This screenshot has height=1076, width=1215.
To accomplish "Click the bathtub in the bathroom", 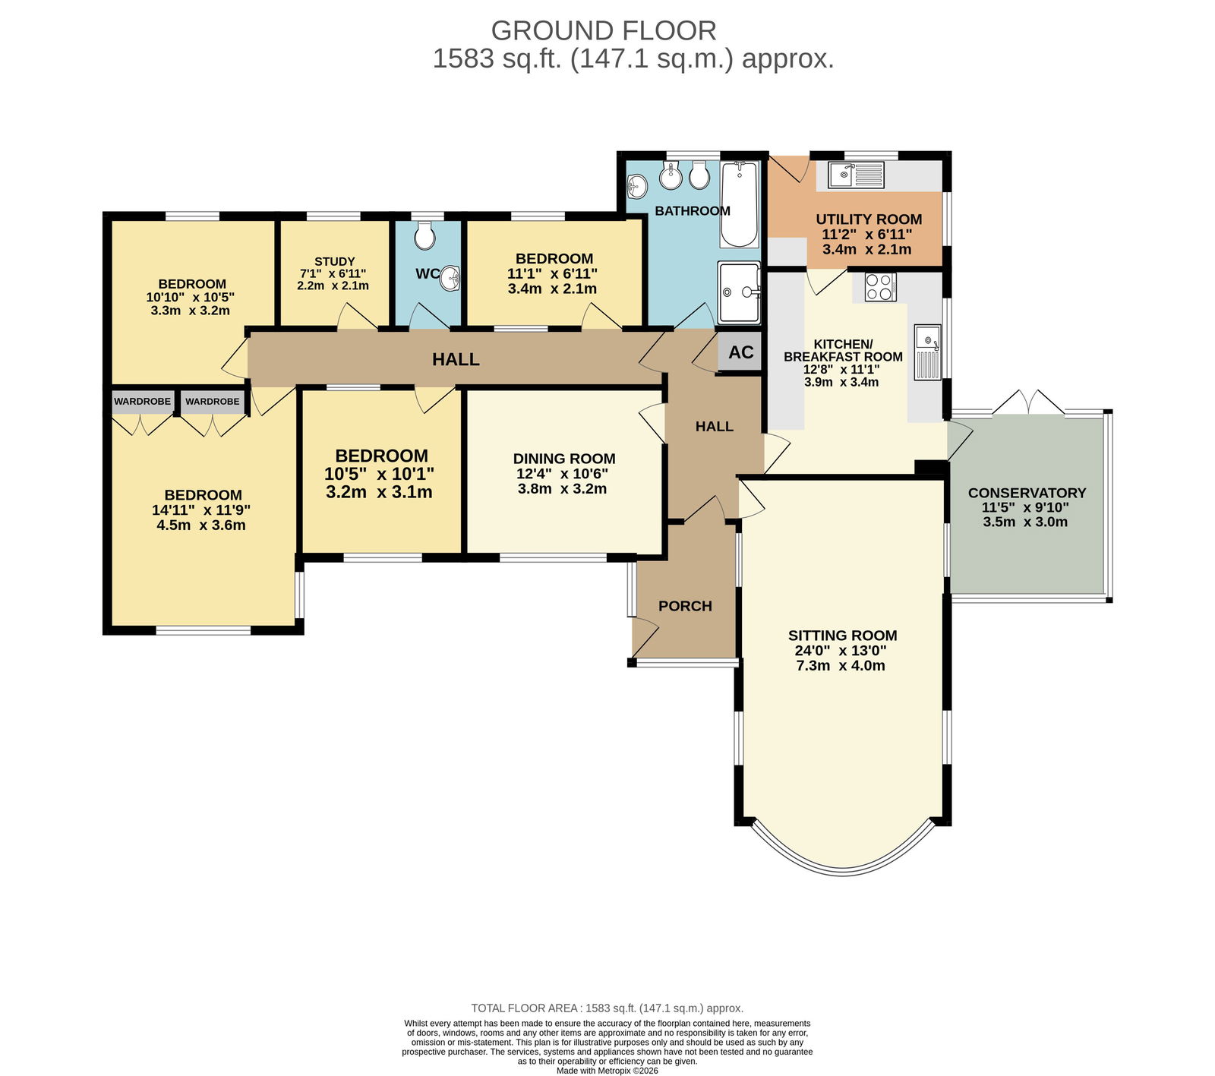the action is (740, 204).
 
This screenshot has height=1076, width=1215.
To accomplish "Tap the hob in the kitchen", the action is (880, 287).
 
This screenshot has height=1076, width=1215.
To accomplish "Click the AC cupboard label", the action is (741, 352).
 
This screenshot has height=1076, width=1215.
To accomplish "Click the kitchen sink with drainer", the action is (928, 352).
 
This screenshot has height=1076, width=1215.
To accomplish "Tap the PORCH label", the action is (685, 606).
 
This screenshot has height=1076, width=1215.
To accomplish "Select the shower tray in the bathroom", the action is (739, 292).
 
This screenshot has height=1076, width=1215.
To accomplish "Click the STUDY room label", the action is (334, 261).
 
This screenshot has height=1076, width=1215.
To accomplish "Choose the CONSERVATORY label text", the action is (1027, 493).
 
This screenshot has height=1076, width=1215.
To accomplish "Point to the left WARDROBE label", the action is (142, 402).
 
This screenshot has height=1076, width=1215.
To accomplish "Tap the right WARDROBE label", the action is (212, 402).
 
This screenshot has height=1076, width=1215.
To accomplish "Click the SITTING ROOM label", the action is (842, 636).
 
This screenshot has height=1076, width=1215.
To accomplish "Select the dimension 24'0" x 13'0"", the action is (841, 651).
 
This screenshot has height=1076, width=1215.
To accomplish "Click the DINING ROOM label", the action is (564, 459).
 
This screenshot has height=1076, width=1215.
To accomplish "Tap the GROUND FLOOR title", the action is (604, 30).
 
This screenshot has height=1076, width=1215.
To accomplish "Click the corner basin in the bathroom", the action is (637, 185).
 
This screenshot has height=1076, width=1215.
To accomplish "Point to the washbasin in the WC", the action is (451, 279).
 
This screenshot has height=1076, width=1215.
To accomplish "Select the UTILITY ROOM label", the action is (869, 219).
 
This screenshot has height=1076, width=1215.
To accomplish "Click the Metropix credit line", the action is (607, 1071).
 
